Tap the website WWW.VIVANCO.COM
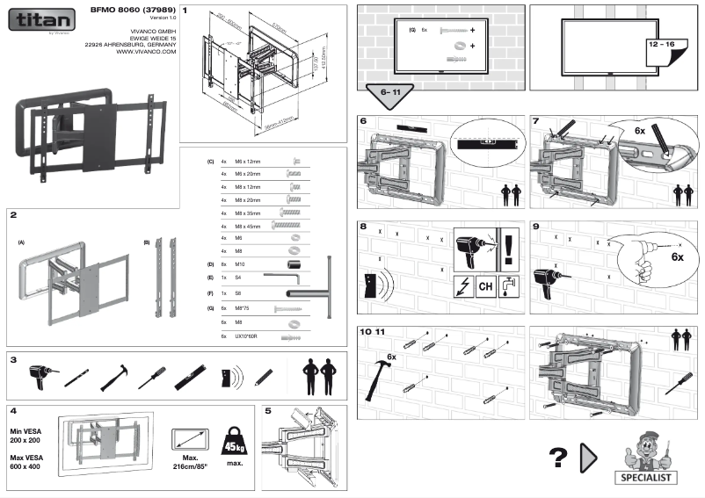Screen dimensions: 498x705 146,52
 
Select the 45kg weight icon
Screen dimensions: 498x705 233,440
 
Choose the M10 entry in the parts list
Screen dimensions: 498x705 240,263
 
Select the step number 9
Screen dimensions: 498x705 537,226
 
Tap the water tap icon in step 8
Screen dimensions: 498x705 511,285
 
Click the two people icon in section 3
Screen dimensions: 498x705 318,377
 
